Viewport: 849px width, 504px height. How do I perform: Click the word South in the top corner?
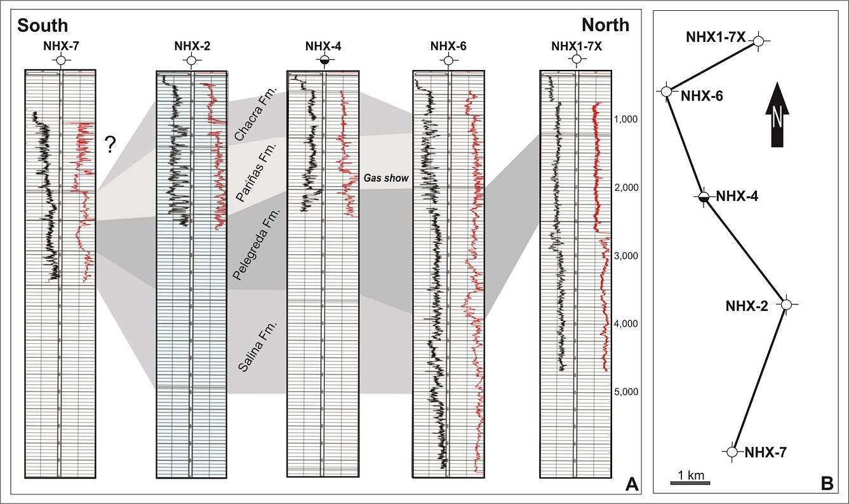(43, 25)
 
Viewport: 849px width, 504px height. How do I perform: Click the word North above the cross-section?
(606, 25)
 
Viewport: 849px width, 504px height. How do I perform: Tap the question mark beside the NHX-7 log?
(110, 146)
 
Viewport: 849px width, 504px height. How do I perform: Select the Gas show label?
(385, 179)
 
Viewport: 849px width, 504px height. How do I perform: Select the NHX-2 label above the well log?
(190, 45)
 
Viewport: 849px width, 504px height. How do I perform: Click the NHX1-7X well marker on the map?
(758, 41)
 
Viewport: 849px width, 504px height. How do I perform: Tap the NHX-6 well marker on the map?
(666, 92)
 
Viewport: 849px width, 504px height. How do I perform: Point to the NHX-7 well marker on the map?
(732, 451)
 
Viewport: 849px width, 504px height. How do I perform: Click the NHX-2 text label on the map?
(747, 306)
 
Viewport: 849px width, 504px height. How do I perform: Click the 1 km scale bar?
(690, 483)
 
